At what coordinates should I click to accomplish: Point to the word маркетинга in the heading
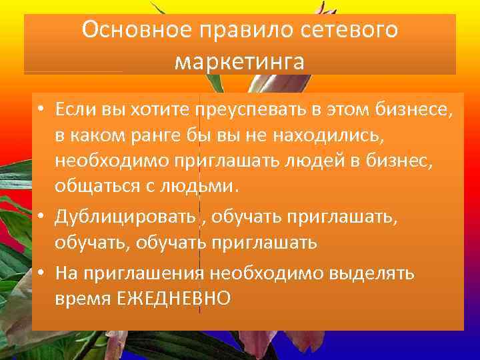tap(239, 61)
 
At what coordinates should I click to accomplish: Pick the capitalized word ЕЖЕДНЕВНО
tap(173, 299)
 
